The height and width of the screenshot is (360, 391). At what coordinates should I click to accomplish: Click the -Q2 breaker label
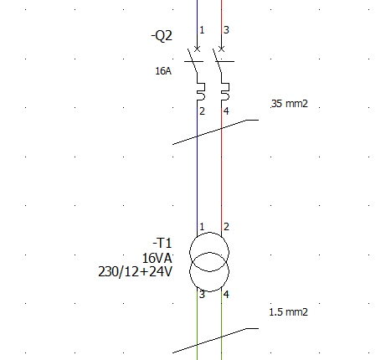(162, 36)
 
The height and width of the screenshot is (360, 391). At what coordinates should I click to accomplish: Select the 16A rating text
(163, 71)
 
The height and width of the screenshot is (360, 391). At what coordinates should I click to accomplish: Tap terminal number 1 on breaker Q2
(202, 30)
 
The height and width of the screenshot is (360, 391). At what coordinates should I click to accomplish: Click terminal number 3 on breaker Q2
(226, 30)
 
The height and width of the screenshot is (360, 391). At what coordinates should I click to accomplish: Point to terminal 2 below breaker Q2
(202, 111)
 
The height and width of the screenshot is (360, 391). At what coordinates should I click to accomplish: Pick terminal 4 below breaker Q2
(226, 111)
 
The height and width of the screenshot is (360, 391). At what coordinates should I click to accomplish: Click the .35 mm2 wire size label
(290, 104)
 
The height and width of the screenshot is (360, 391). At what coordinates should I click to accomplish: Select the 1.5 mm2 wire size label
(289, 312)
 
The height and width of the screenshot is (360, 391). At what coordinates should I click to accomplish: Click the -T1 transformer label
(162, 243)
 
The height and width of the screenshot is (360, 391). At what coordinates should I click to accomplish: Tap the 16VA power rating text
(157, 258)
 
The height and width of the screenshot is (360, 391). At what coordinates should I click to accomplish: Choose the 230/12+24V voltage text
(135, 271)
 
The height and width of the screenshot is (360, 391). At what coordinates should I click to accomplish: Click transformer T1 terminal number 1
(202, 227)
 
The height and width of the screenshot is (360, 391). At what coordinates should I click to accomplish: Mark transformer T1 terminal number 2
(226, 227)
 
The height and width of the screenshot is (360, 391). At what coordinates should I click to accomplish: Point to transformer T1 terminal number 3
(202, 294)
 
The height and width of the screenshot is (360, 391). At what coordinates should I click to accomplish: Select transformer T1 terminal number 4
(226, 294)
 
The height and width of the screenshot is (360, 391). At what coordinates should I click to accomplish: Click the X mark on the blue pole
(197, 49)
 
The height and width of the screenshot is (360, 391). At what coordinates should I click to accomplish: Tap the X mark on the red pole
(221, 49)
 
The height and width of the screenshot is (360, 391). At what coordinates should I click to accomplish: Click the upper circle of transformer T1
(209, 232)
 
